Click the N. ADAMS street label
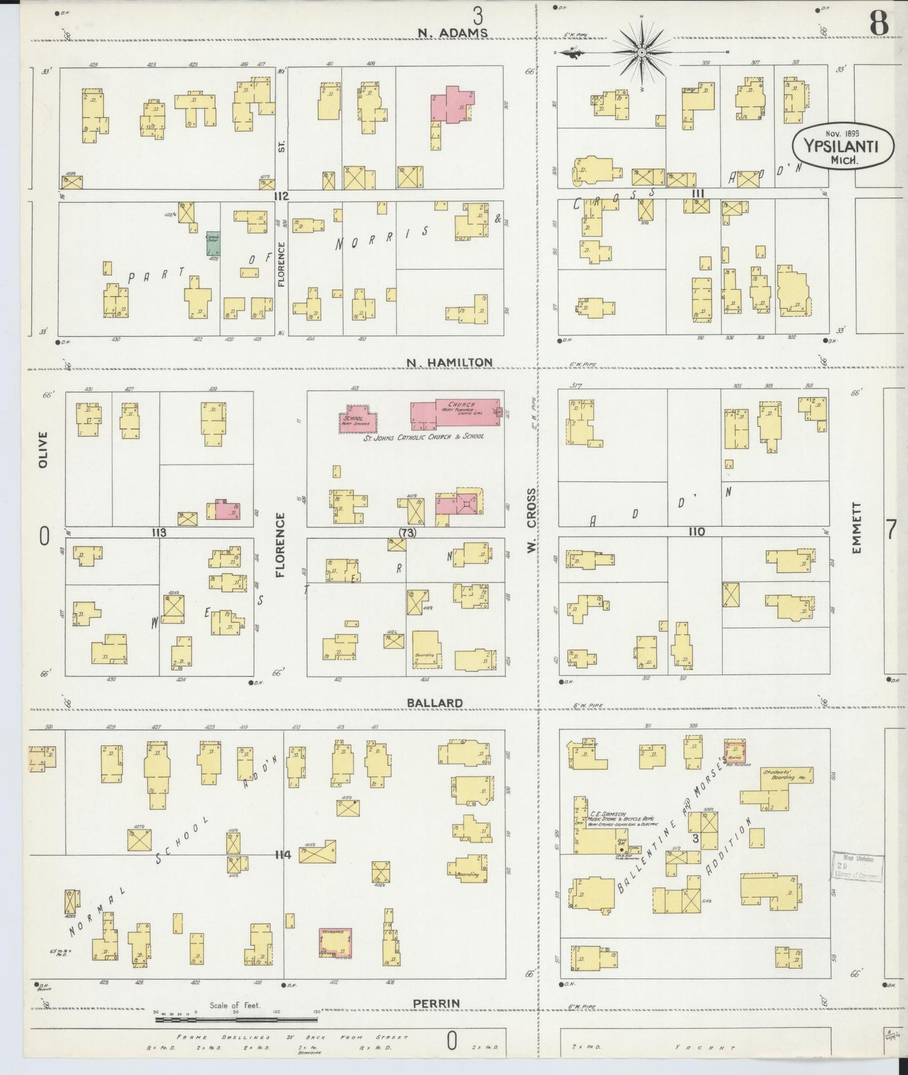[x=452, y=33]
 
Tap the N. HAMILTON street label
[x=449, y=362]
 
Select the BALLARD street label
[x=434, y=703]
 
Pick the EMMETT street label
[x=856, y=527]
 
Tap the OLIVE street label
[x=43, y=449]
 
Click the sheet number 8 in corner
[x=878, y=24]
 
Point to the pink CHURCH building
[x=457, y=413]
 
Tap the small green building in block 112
[x=213, y=243]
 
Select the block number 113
[x=158, y=532]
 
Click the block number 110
[x=696, y=532]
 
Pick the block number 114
[x=282, y=854]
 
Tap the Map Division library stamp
[x=858, y=868]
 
